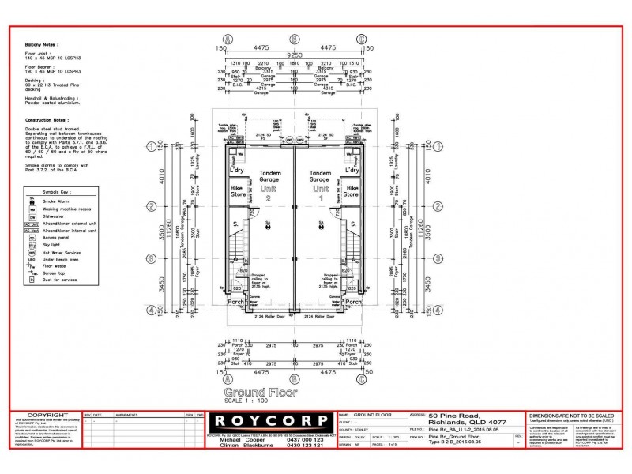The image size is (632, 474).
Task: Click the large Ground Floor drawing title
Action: (x=250, y=393)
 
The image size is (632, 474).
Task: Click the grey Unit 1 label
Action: (x=320, y=194)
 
